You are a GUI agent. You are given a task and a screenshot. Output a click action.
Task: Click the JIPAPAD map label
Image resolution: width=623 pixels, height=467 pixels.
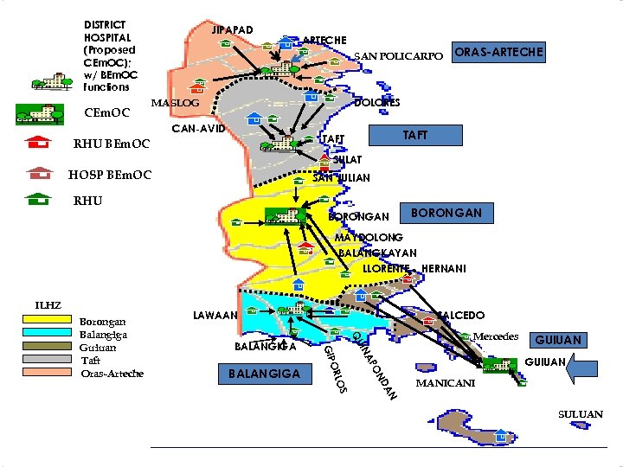tap(233, 30)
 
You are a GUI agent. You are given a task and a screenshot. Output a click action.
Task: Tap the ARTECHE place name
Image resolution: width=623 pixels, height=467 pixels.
tap(324, 41)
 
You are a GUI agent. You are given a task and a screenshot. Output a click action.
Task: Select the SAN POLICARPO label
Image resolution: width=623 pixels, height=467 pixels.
tap(398, 56)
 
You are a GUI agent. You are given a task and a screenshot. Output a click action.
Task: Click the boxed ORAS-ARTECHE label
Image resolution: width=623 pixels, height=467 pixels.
tap(499, 53)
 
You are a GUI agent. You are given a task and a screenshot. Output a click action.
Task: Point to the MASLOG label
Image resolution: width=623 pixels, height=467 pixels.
tap(175, 103)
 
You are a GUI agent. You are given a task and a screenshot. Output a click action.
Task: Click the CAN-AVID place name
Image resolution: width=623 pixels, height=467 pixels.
tap(199, 129)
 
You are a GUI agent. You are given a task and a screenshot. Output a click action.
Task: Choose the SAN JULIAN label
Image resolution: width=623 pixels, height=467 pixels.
tap(341, 178)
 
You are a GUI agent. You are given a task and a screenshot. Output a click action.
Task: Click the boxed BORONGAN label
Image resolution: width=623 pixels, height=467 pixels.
tap(446, 213)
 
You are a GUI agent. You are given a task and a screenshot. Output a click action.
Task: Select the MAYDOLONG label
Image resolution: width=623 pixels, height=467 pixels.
tap(369, 237)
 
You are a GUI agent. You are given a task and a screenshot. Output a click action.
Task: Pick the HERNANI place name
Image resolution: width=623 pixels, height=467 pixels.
tap(443, 269)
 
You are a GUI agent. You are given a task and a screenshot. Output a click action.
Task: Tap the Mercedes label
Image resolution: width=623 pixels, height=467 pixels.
tap(496, 336)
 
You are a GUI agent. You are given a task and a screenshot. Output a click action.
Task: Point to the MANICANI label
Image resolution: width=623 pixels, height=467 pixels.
tap(445, 382)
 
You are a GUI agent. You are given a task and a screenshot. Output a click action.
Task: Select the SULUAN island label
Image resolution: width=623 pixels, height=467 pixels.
tap(581, 415)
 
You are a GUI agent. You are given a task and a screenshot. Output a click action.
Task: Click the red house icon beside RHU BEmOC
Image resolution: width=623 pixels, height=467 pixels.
tap(36, 143)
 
